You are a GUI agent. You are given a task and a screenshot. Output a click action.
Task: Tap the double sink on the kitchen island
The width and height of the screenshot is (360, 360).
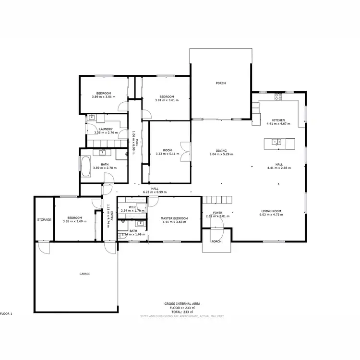click(x=276, y=142)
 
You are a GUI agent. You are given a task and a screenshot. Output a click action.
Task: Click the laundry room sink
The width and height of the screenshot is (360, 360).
click(x=91, y=118)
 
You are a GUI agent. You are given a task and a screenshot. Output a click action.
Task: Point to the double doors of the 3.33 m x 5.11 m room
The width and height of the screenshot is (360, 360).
click(x=185, y=151)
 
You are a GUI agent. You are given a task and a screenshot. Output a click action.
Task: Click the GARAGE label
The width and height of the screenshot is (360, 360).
click(x=84, y=274)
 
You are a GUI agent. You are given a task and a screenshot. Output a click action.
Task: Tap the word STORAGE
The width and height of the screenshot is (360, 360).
click(x=44, y=219)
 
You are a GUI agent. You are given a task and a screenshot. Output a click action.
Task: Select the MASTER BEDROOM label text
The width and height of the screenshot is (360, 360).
click(x=174, y=218)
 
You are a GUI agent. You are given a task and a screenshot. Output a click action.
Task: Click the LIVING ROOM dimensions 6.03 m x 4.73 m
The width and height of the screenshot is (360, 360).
click(x=273, y=215)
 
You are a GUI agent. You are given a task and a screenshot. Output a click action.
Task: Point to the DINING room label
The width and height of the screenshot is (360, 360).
click(x=221, y=150)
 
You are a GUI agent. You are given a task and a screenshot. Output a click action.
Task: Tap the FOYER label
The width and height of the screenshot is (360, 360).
click(x=218, y=212)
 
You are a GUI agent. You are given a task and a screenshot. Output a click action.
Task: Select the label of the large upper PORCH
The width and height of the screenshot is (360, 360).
click(x=220, y=83)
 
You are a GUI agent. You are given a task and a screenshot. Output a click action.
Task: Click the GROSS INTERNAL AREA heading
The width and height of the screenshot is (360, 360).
click(x=182, y=304)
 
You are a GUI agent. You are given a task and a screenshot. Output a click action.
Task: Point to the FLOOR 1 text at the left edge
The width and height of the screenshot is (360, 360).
click(x=6, y=313)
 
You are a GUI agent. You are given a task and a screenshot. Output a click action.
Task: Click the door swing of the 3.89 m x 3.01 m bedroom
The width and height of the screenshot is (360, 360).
click(x=123, y=108)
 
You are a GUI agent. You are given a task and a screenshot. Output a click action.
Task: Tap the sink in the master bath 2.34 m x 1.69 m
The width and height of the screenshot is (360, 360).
click(x=141, y=223)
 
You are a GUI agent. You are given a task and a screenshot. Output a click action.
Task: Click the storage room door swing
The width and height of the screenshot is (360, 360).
click(x=43, y=248)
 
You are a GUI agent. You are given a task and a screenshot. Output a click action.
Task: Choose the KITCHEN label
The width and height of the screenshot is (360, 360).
click(x=278, y=120)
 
